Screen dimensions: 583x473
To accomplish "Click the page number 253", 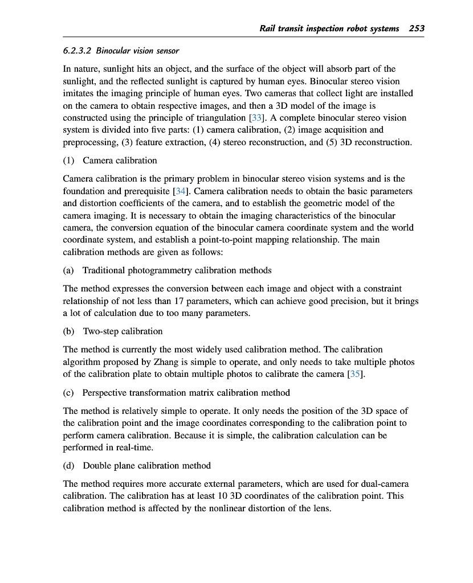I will click(417, 28).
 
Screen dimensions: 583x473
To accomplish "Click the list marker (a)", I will click(70, 270).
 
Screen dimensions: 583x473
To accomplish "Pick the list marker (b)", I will click(70, 331).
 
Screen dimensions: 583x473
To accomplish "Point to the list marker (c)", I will click(70, 393).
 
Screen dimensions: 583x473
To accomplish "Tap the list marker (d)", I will click(70, 465).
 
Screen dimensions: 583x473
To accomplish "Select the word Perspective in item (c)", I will click(107, 393).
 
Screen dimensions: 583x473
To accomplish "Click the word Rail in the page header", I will click(268, 28).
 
